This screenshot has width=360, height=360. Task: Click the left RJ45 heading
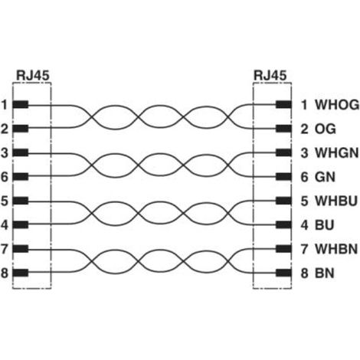pos(32,75)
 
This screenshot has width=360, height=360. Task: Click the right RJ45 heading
pos(270,75)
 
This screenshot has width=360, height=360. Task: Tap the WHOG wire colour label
pos(337,105)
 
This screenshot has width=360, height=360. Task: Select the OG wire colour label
pos(325,129)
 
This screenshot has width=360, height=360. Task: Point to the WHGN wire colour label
pos(336,152)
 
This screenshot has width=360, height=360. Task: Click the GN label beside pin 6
pos(325,177)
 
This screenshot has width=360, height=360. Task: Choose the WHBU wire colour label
pos(336,201)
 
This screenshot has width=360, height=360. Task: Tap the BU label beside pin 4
pos(325,225)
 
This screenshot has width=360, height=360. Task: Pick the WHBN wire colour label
pos(336,249)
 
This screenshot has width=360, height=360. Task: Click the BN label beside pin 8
pos(325,273)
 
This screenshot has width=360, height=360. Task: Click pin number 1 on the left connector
pos(5,105)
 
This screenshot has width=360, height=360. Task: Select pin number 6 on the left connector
pos(5,177)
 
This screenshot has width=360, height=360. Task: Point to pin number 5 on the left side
pos(5,201)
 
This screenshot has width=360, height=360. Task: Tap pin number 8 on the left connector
pos(5,273)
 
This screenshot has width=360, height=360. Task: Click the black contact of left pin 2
pos(21,129)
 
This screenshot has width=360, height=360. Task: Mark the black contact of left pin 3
pos(21,152)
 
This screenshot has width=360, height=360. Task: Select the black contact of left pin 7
pos(21,249)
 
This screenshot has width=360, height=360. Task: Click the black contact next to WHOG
pos(283,105)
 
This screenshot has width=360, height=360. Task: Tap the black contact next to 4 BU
pos(283,225)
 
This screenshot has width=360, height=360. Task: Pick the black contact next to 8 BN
pos(283,273)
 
